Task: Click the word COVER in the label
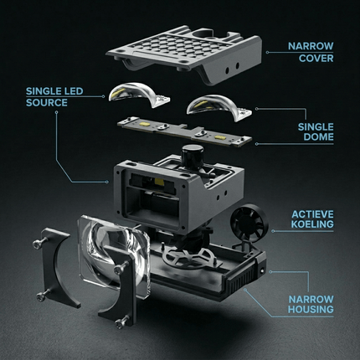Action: [x=316, y=59]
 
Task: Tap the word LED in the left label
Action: [x=72, y=91]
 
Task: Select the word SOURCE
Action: [x=47, y=103]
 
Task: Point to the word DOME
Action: [x=318, y=137]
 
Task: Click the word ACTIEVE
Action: [x=312, y=214]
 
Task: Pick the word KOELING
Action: [x=312, y=224]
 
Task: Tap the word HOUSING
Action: [x=311, y=309]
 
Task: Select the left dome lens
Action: [x=136, y=94]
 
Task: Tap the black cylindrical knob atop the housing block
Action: [x=193, y=155]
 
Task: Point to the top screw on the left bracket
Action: [x=38, y=244]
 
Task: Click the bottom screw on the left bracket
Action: [x=42, y=296]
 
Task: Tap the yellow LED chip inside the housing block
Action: [x=159, y=182]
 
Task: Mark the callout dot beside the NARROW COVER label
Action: [x=267, y=52]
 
